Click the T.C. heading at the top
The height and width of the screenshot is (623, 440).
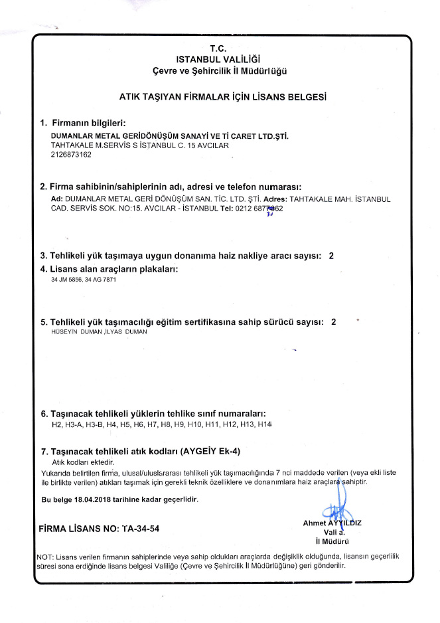(x=218, y=48)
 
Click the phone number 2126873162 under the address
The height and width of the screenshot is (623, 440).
(x=71, y=155)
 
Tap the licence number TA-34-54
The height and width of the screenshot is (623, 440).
(x=138, y=529)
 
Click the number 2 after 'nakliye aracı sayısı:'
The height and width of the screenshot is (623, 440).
(x=331, y=256)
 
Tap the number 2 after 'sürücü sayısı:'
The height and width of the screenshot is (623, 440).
(x=334, y=321)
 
